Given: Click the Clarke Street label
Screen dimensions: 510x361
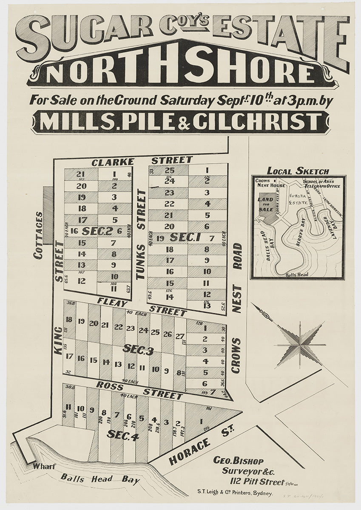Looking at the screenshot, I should point(142,161).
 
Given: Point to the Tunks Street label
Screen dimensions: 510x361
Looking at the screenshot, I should point(141,234).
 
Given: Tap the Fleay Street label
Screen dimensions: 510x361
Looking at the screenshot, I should point(142,306).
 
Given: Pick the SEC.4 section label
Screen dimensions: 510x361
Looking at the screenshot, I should point(123,435).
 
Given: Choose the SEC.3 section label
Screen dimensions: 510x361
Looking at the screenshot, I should point(138,349).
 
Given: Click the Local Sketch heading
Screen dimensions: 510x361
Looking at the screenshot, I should point(298,171).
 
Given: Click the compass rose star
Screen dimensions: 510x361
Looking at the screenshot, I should point(300,344).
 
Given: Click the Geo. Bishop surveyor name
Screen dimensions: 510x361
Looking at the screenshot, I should point(238,461).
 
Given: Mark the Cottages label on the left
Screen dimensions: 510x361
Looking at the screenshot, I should point(38,235).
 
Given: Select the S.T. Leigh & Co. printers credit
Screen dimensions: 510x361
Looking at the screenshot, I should point(234,493).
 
